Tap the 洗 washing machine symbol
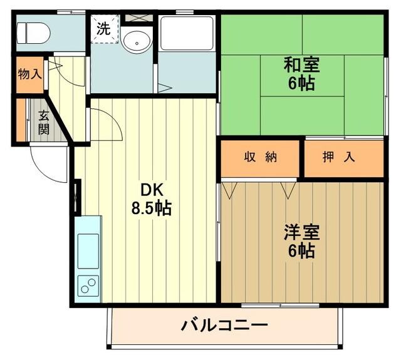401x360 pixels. tap(103, 29)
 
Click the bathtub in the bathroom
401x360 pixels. tap(186, 34)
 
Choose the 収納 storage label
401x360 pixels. tap(261, 158)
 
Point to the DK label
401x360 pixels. tap(150, 189)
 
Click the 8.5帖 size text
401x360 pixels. tap(150, 208)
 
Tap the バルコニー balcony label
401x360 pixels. tap(225, 326)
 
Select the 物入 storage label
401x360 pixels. tap(29, 74)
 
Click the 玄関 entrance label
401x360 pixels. tap(43, 122)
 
